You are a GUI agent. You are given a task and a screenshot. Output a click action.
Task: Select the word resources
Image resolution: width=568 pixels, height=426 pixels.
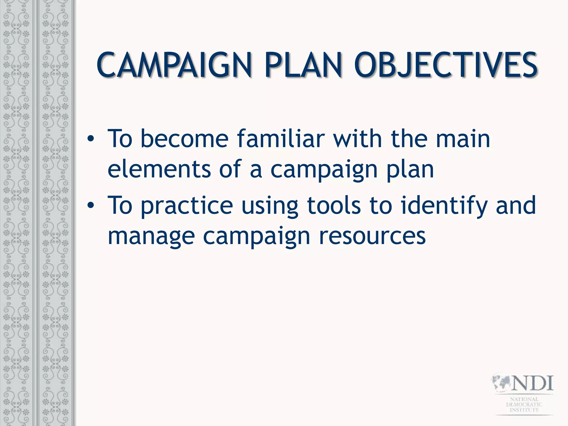tap(372, 237)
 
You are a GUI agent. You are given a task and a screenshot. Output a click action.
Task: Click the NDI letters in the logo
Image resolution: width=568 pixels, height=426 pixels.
tap(532, 383)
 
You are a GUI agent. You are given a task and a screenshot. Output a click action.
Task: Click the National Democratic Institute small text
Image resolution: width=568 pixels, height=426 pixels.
tap(524, 404)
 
